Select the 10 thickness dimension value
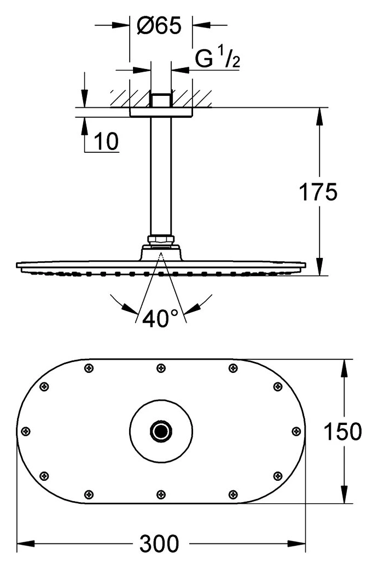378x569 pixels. coord(106,141)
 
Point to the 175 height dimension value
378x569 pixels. coord(318,192)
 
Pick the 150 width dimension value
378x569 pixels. coord(342,432)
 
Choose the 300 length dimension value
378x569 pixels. coord(160,543)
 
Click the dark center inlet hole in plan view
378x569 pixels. coord(161,431)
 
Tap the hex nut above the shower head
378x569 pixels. coord(161,240)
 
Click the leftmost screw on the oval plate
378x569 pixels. coord(26,431)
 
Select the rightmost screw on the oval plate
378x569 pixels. coord(296,431)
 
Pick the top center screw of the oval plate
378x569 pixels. coord(161,369)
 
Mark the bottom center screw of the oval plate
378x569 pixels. coord(161,494)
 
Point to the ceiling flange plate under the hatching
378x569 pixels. coord(161,112)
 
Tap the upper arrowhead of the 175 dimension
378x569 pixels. coord(319,116)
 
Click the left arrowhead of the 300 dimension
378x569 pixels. coord(26,544)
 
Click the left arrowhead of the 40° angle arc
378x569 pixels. coord(129,308)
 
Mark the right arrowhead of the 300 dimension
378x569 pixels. coord(296,544)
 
